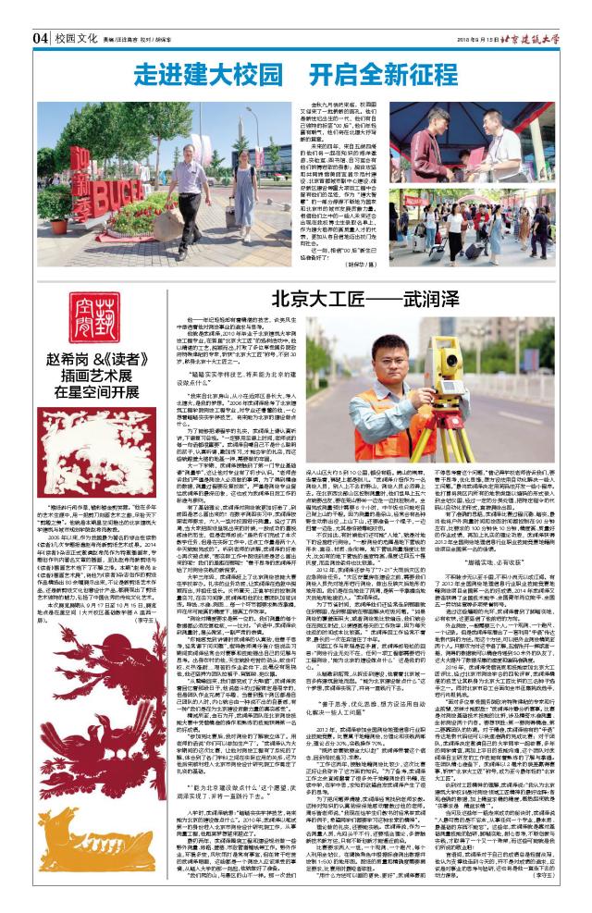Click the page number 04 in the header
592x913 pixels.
pos(41,38)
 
